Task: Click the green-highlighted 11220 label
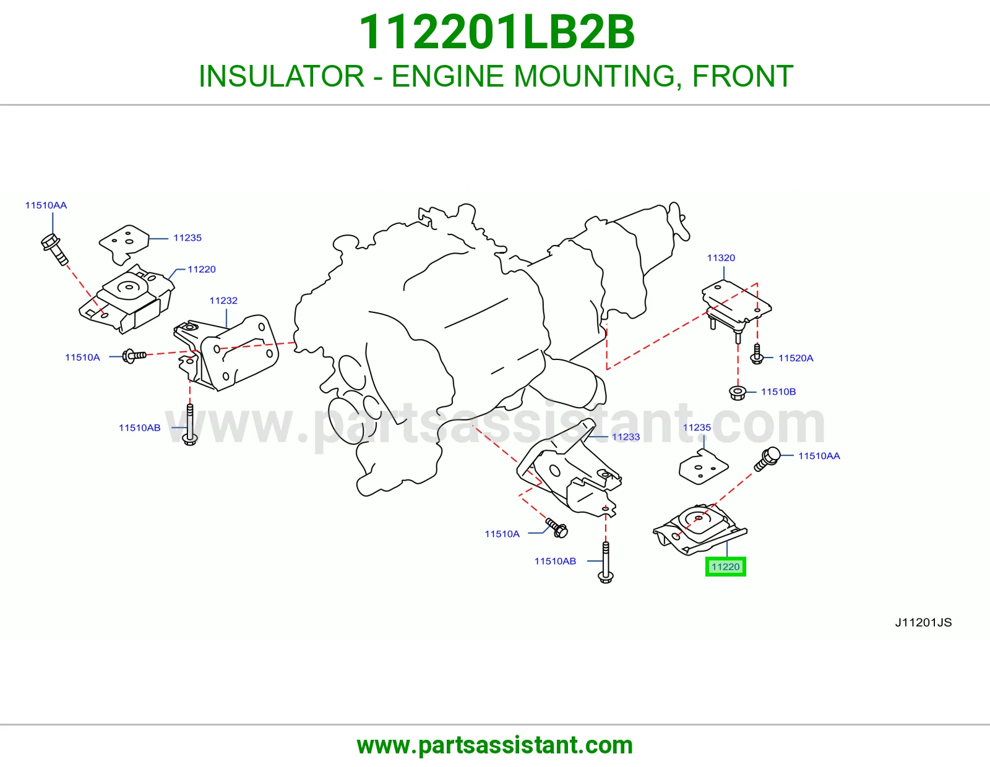(725, 567)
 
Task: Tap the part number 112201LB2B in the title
(497, 32)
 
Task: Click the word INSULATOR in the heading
(282, 76)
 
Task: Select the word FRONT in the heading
(743, 76)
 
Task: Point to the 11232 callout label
(223, 301)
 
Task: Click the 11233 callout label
(626, 437)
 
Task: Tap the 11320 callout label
(721, 258)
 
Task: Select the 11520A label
(796, 358)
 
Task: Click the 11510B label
(778, 392)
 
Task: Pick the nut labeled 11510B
(738, 393)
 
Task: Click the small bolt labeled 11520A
(757, 354)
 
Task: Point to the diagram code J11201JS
(923, 623)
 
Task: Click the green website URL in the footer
(495, 745)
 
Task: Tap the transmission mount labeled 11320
(736, 308)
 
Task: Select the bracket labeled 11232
(226, 353)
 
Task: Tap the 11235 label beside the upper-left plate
(187, 238)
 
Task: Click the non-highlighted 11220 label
(201, 269)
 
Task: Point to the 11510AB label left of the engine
(139, 427)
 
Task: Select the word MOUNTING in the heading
(594, 76)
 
